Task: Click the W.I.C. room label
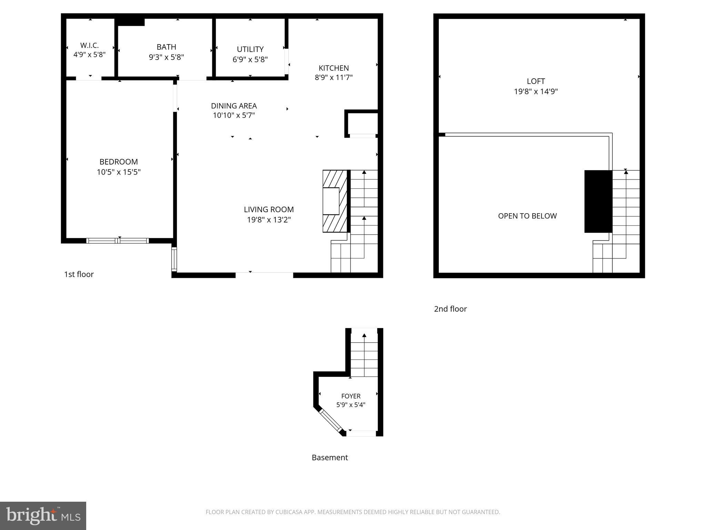(x=89, y=46)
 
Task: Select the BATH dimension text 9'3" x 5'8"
(x=166, y=57)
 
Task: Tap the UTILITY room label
(x=250, y=49)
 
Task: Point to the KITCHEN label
(x=333, y=68)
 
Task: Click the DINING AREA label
(x=234, y=106)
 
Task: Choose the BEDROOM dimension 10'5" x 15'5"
(x=119, y=172)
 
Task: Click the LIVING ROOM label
(x=269, y=209)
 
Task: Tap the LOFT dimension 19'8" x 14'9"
(x=536, y=91)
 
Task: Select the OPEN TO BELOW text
(x=527, y=216)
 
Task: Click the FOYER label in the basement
(x=351, y=396)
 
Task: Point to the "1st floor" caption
(x=79, y=274)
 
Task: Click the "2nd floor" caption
(x=450, y=309)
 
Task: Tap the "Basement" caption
(x=330, y=458)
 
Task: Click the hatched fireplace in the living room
(x=335, y=201)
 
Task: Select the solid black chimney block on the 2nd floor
(x=598, y=202)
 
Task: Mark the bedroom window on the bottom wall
(x=117, y=241)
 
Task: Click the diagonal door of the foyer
(x=330, y=420)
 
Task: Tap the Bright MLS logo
(x=43, y=516)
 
